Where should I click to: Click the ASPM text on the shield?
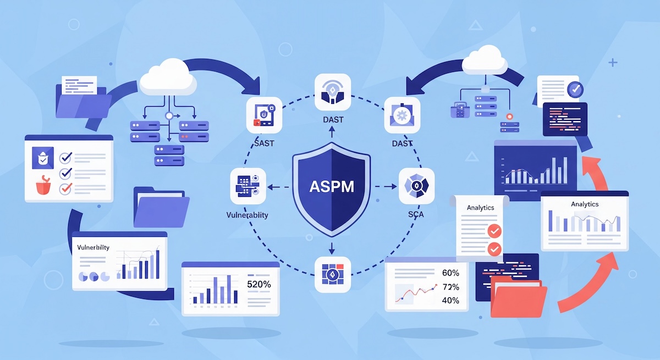tap(331, 185)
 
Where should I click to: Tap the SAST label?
tap(264, 143)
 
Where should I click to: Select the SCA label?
tap(416, 214)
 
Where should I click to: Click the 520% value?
tap(259, 285)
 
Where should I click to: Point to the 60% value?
tap(450, 273)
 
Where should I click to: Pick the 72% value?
tap(450, 287)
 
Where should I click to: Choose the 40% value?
tap(450, 301)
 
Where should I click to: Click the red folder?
tap(518, 297)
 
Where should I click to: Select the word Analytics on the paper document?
tap(480, 208)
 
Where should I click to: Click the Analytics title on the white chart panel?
tap(584, 204)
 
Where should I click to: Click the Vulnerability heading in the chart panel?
tap(93, 247)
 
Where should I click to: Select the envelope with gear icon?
tap(402, 115)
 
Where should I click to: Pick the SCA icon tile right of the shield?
tap(416, 186)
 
